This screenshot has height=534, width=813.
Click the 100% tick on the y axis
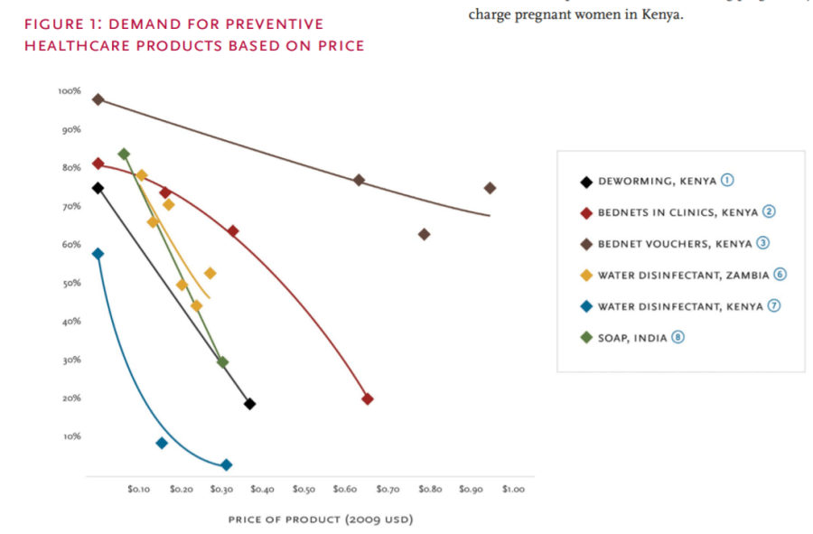(70, 91)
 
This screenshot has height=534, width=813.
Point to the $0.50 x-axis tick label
(304, 489)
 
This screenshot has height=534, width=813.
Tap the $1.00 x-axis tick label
(513, 489)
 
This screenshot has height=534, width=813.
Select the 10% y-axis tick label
(71, 436)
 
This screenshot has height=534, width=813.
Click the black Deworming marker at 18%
(249, 404)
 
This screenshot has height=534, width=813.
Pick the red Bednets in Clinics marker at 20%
(368, 398)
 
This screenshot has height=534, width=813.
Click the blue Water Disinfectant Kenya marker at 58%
(98, 254)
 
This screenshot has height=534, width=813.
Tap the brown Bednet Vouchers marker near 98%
(98, 99)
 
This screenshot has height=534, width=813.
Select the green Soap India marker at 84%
(124, 154)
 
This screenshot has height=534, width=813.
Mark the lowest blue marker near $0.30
(227, 464)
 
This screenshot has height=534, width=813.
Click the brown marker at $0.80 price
(425, 234)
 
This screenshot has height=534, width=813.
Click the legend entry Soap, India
(632, 338)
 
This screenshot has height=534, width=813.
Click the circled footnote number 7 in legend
(773, 306)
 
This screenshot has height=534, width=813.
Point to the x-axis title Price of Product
(321, 520)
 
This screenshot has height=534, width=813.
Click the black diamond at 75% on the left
(98, 188)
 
